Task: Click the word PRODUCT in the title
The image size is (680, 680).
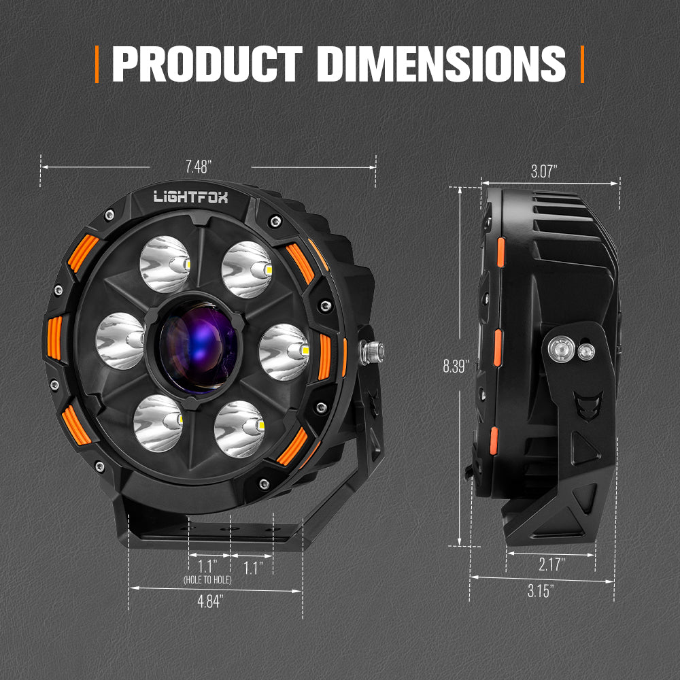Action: point(207,64)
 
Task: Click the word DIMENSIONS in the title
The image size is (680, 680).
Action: point(441,64)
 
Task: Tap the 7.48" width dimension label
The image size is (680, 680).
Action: point(198,167)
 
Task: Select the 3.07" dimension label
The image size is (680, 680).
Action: point(544,172)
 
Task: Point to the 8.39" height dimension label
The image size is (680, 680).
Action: point(456,367)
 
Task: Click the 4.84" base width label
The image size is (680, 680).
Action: point(210,602)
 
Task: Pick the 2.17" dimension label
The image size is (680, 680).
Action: point(552,564)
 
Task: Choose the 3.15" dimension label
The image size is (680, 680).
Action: point(541,591)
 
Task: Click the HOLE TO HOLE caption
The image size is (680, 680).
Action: point(207,580)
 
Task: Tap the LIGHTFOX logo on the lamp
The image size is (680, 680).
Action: point(191,197)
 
